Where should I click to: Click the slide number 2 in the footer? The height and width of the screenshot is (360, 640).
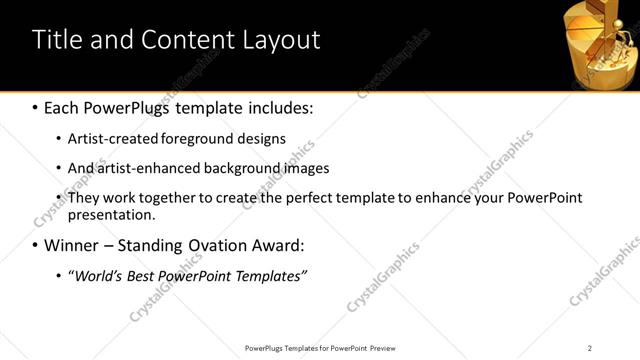tap(589, 348)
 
